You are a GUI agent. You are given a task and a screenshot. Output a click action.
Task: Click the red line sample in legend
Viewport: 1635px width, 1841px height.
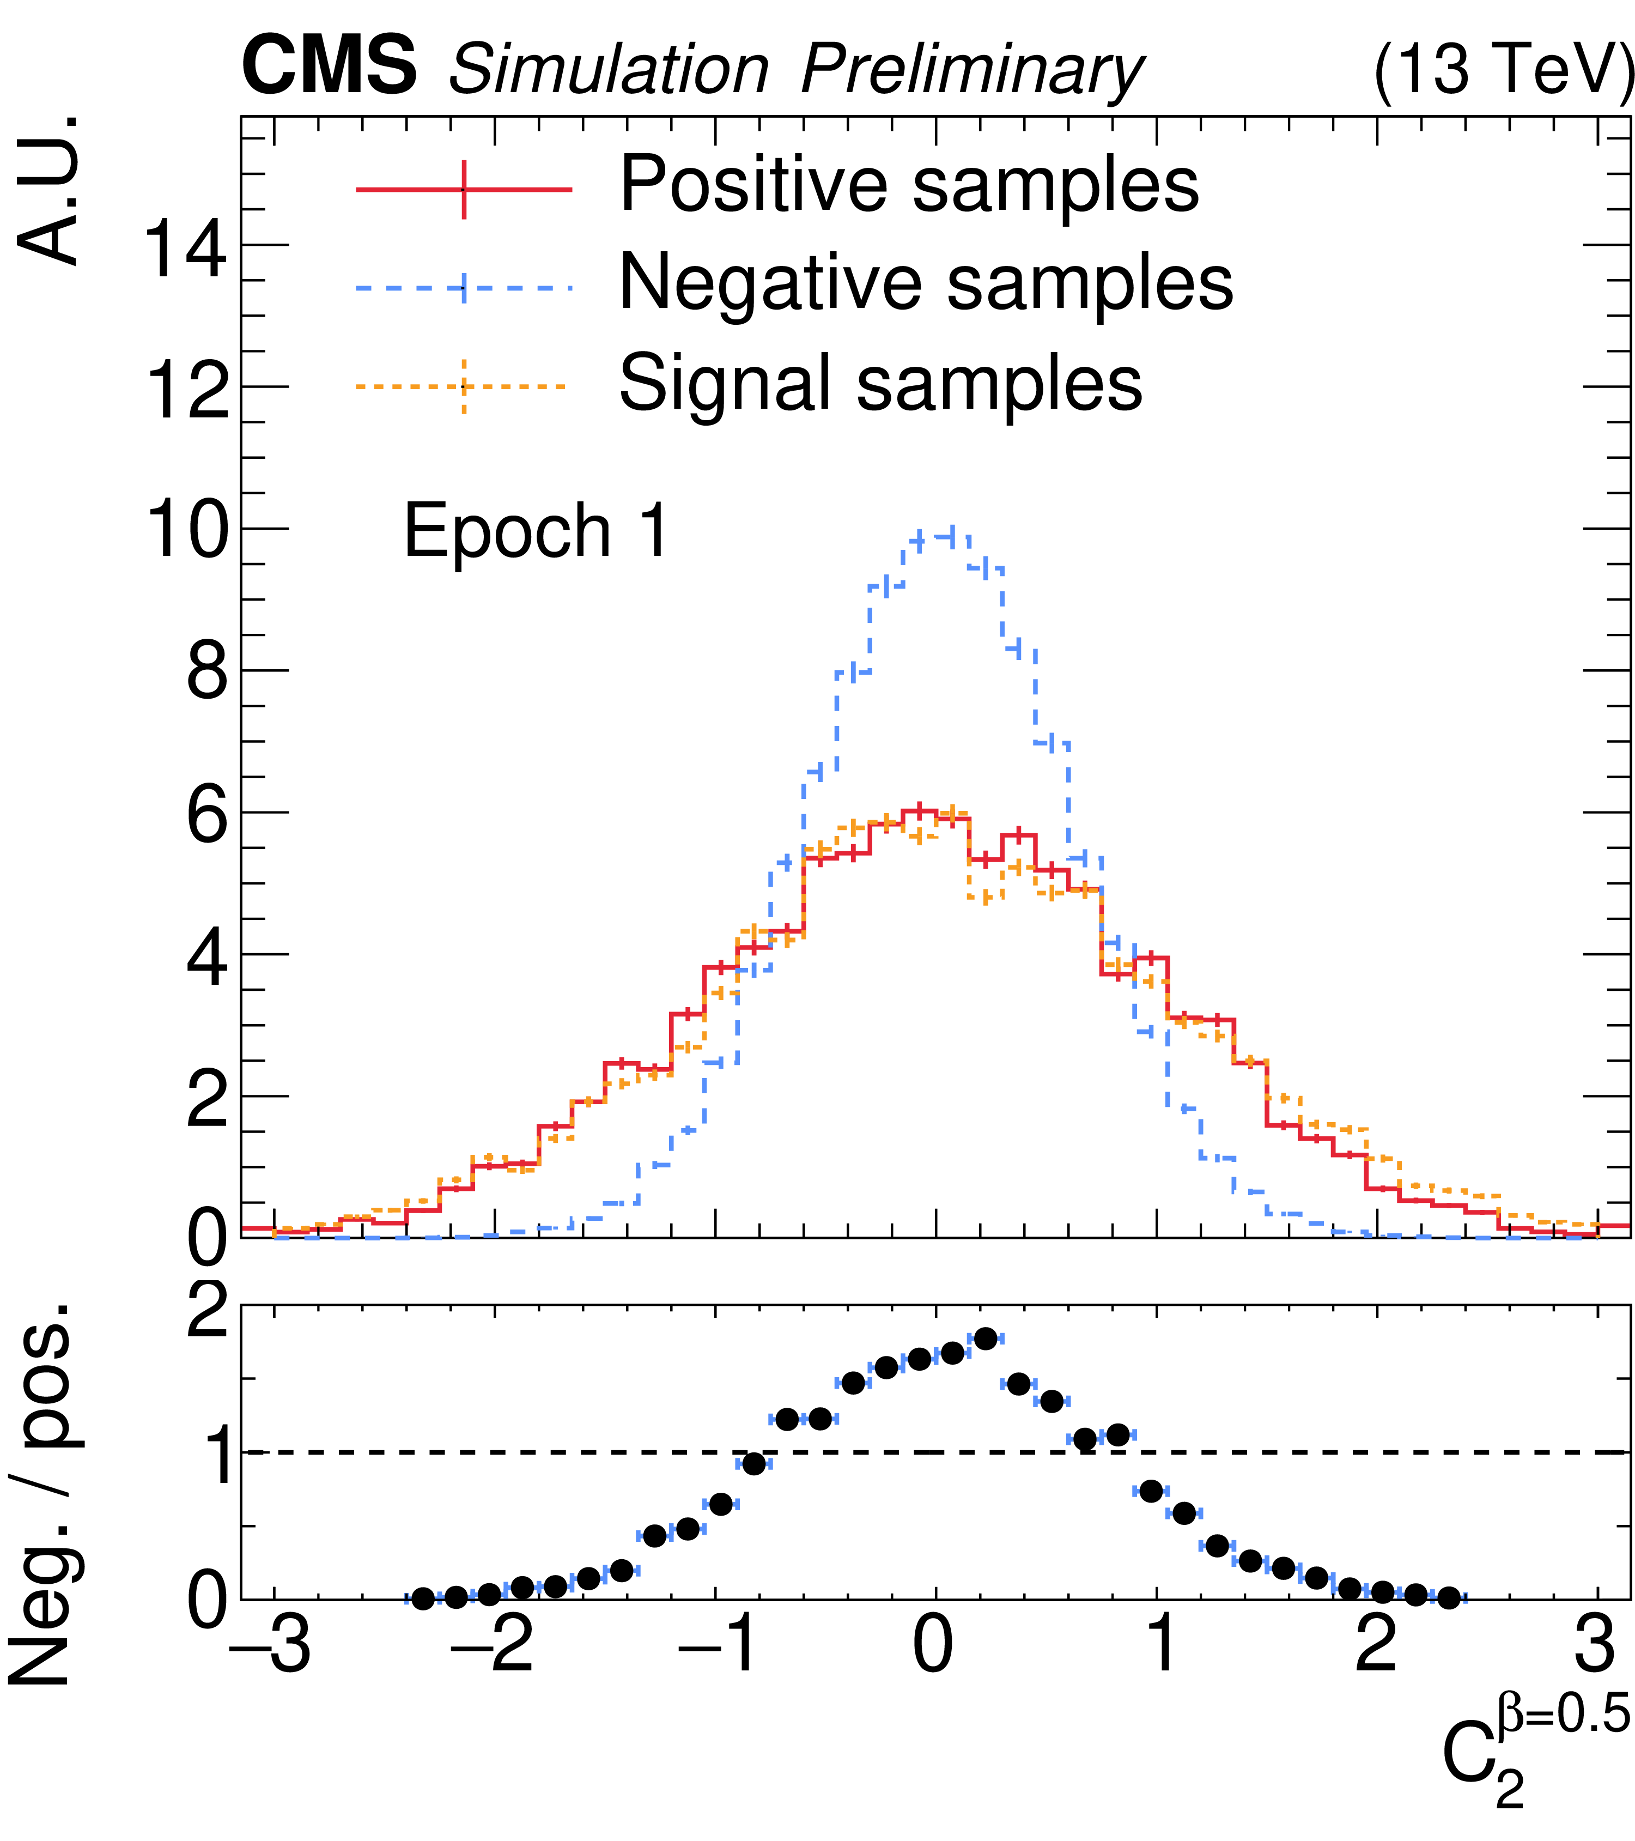pos(464,189)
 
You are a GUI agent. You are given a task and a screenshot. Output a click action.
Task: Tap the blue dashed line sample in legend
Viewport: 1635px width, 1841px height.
pos(464,288)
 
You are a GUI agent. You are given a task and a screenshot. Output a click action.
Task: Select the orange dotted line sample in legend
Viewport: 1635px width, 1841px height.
pos(464,387)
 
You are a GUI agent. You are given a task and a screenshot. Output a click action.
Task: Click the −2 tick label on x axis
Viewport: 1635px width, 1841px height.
pos(491,1646)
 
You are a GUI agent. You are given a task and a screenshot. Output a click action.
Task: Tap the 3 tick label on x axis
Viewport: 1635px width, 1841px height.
pos(1596,1646)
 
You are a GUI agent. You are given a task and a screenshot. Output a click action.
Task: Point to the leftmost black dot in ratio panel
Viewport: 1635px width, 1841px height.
pos(422,1598)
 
